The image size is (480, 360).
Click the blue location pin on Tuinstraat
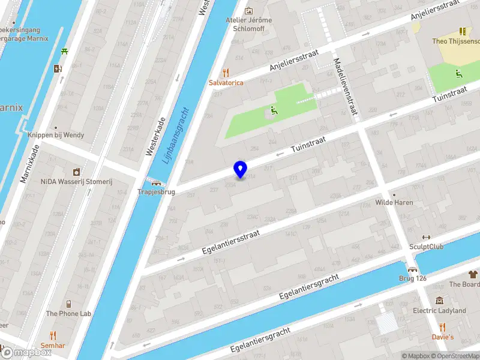tap(240, 170)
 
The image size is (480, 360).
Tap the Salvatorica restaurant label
tap(226, 82)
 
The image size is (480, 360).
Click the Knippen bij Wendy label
tap(56, 135)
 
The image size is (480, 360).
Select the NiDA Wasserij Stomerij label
tap(76, 181)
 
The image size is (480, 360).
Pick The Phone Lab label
tap(68, 313)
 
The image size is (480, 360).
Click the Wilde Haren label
tap(394, 202)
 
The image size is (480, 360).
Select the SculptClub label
tap(427, 246)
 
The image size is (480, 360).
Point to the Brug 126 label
tap(412, 278)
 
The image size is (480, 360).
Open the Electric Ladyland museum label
tap(439, 310)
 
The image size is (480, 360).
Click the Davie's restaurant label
tap(443, 337)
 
